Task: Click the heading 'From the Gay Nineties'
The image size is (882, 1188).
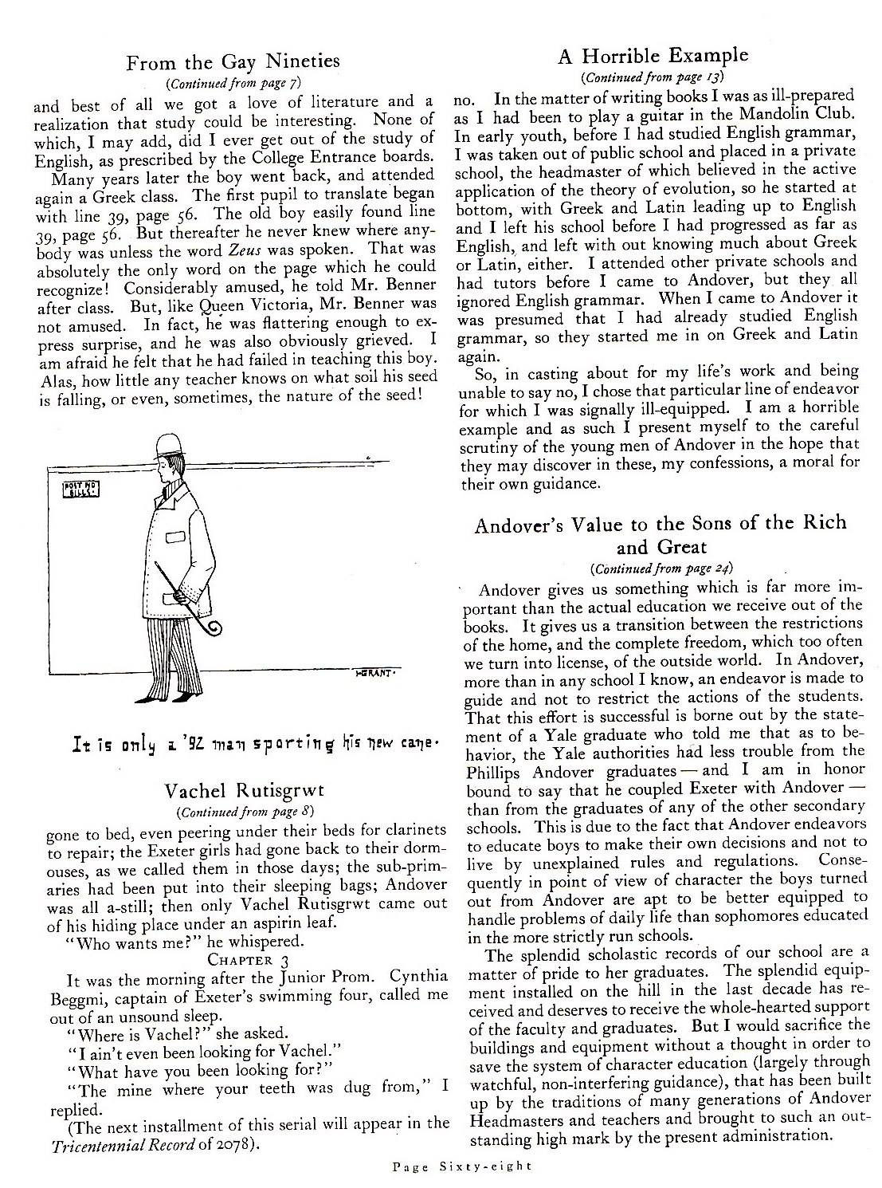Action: click(x=233, y=61)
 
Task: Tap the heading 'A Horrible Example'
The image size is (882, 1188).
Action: click(x=653, y=56)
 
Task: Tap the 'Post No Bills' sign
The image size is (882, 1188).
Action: click(x=80, y=488)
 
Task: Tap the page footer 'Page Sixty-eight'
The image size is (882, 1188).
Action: click(x=463, y=1166)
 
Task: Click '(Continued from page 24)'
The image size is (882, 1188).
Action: click(x=661, y=568)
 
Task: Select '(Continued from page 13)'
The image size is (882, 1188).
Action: click(x=652, y=77)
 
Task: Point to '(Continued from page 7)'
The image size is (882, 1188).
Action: click(x=233, y=83)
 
